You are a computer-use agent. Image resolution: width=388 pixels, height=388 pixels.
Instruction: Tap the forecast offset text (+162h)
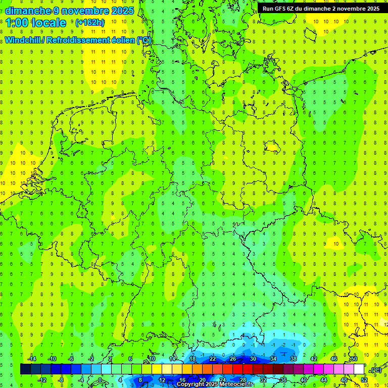tap(90, 23)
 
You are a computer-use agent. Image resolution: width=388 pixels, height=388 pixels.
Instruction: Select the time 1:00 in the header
tap(17, 23)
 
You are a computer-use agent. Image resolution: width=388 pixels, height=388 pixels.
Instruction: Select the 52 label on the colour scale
tap(364, 380)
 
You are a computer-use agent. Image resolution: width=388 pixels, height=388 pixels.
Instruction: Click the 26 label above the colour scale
tap(232, 359)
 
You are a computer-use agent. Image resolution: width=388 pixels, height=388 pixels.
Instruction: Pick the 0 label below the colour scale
tap(101, 380)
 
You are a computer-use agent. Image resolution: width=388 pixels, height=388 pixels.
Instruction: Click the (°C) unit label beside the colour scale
tap(376, 370)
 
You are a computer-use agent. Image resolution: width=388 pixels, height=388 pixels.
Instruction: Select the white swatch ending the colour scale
tap(359, 369)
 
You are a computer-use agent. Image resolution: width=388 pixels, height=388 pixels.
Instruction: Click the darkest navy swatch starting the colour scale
tap(25, 369)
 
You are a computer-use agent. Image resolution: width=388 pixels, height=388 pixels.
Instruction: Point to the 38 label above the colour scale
tap(293, 359)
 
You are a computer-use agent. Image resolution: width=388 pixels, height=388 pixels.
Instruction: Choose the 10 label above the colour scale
tap(152, 359)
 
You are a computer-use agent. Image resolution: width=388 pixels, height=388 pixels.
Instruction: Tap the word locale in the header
tap(48, 23)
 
